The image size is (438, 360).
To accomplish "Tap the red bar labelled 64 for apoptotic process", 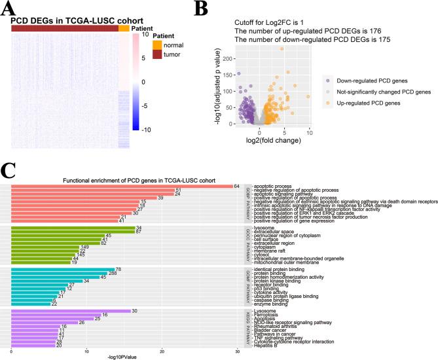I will point(122,187).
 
